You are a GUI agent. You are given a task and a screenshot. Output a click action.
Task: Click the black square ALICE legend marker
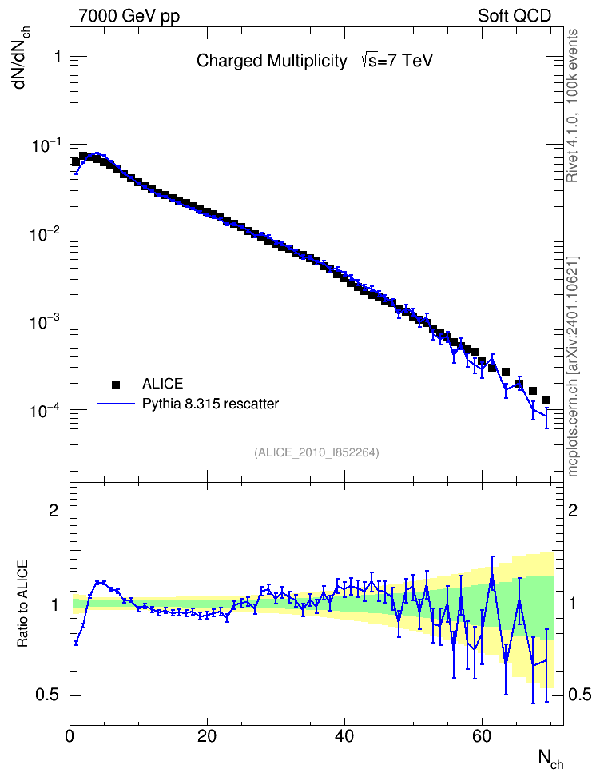click(116, 384)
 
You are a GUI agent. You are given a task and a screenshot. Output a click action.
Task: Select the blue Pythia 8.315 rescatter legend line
click(117, 404)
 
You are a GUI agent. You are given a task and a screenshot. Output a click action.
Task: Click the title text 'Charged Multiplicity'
click(272, 61)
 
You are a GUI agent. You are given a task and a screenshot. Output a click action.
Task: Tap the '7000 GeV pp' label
click(129, 16)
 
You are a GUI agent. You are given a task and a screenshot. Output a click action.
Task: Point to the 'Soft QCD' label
click(515, 16)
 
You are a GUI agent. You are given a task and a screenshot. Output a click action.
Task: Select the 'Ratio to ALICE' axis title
click(22, 604)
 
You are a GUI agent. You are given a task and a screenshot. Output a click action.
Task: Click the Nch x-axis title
click(551, 759)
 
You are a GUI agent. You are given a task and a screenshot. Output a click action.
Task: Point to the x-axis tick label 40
click(344, 736)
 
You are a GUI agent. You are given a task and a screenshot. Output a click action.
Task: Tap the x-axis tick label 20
click(207, 736)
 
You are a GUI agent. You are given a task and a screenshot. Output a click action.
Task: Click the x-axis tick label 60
click(482, 736)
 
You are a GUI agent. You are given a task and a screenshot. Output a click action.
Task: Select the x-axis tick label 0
click(70, 736)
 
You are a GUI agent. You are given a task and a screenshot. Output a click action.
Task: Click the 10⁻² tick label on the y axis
click(45, 233)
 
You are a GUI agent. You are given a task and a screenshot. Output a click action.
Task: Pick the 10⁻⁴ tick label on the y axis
click(45, 410)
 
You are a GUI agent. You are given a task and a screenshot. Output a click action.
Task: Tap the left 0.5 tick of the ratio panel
click(48, 695)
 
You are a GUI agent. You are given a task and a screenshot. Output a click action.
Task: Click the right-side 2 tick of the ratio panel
click(573, 510)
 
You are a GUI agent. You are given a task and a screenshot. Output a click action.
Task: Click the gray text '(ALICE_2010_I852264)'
click(316, 452)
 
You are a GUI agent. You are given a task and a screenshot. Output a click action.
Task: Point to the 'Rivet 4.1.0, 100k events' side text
click(572, 106)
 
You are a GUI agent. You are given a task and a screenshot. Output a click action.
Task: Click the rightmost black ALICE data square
click(546, 400)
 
